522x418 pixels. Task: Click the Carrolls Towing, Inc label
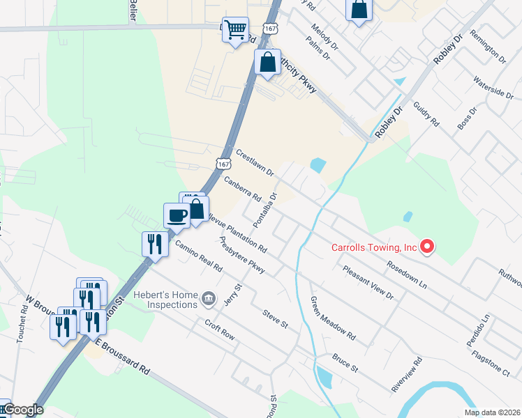click(x=373, y=247)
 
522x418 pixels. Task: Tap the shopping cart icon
click(x=236, y=29)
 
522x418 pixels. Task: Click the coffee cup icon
click(x=176, y=215)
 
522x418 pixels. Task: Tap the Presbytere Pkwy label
click(x=241, y=256)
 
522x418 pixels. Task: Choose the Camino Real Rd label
click(x=198, y=257)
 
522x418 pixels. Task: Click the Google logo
click(x=23, y=410)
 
